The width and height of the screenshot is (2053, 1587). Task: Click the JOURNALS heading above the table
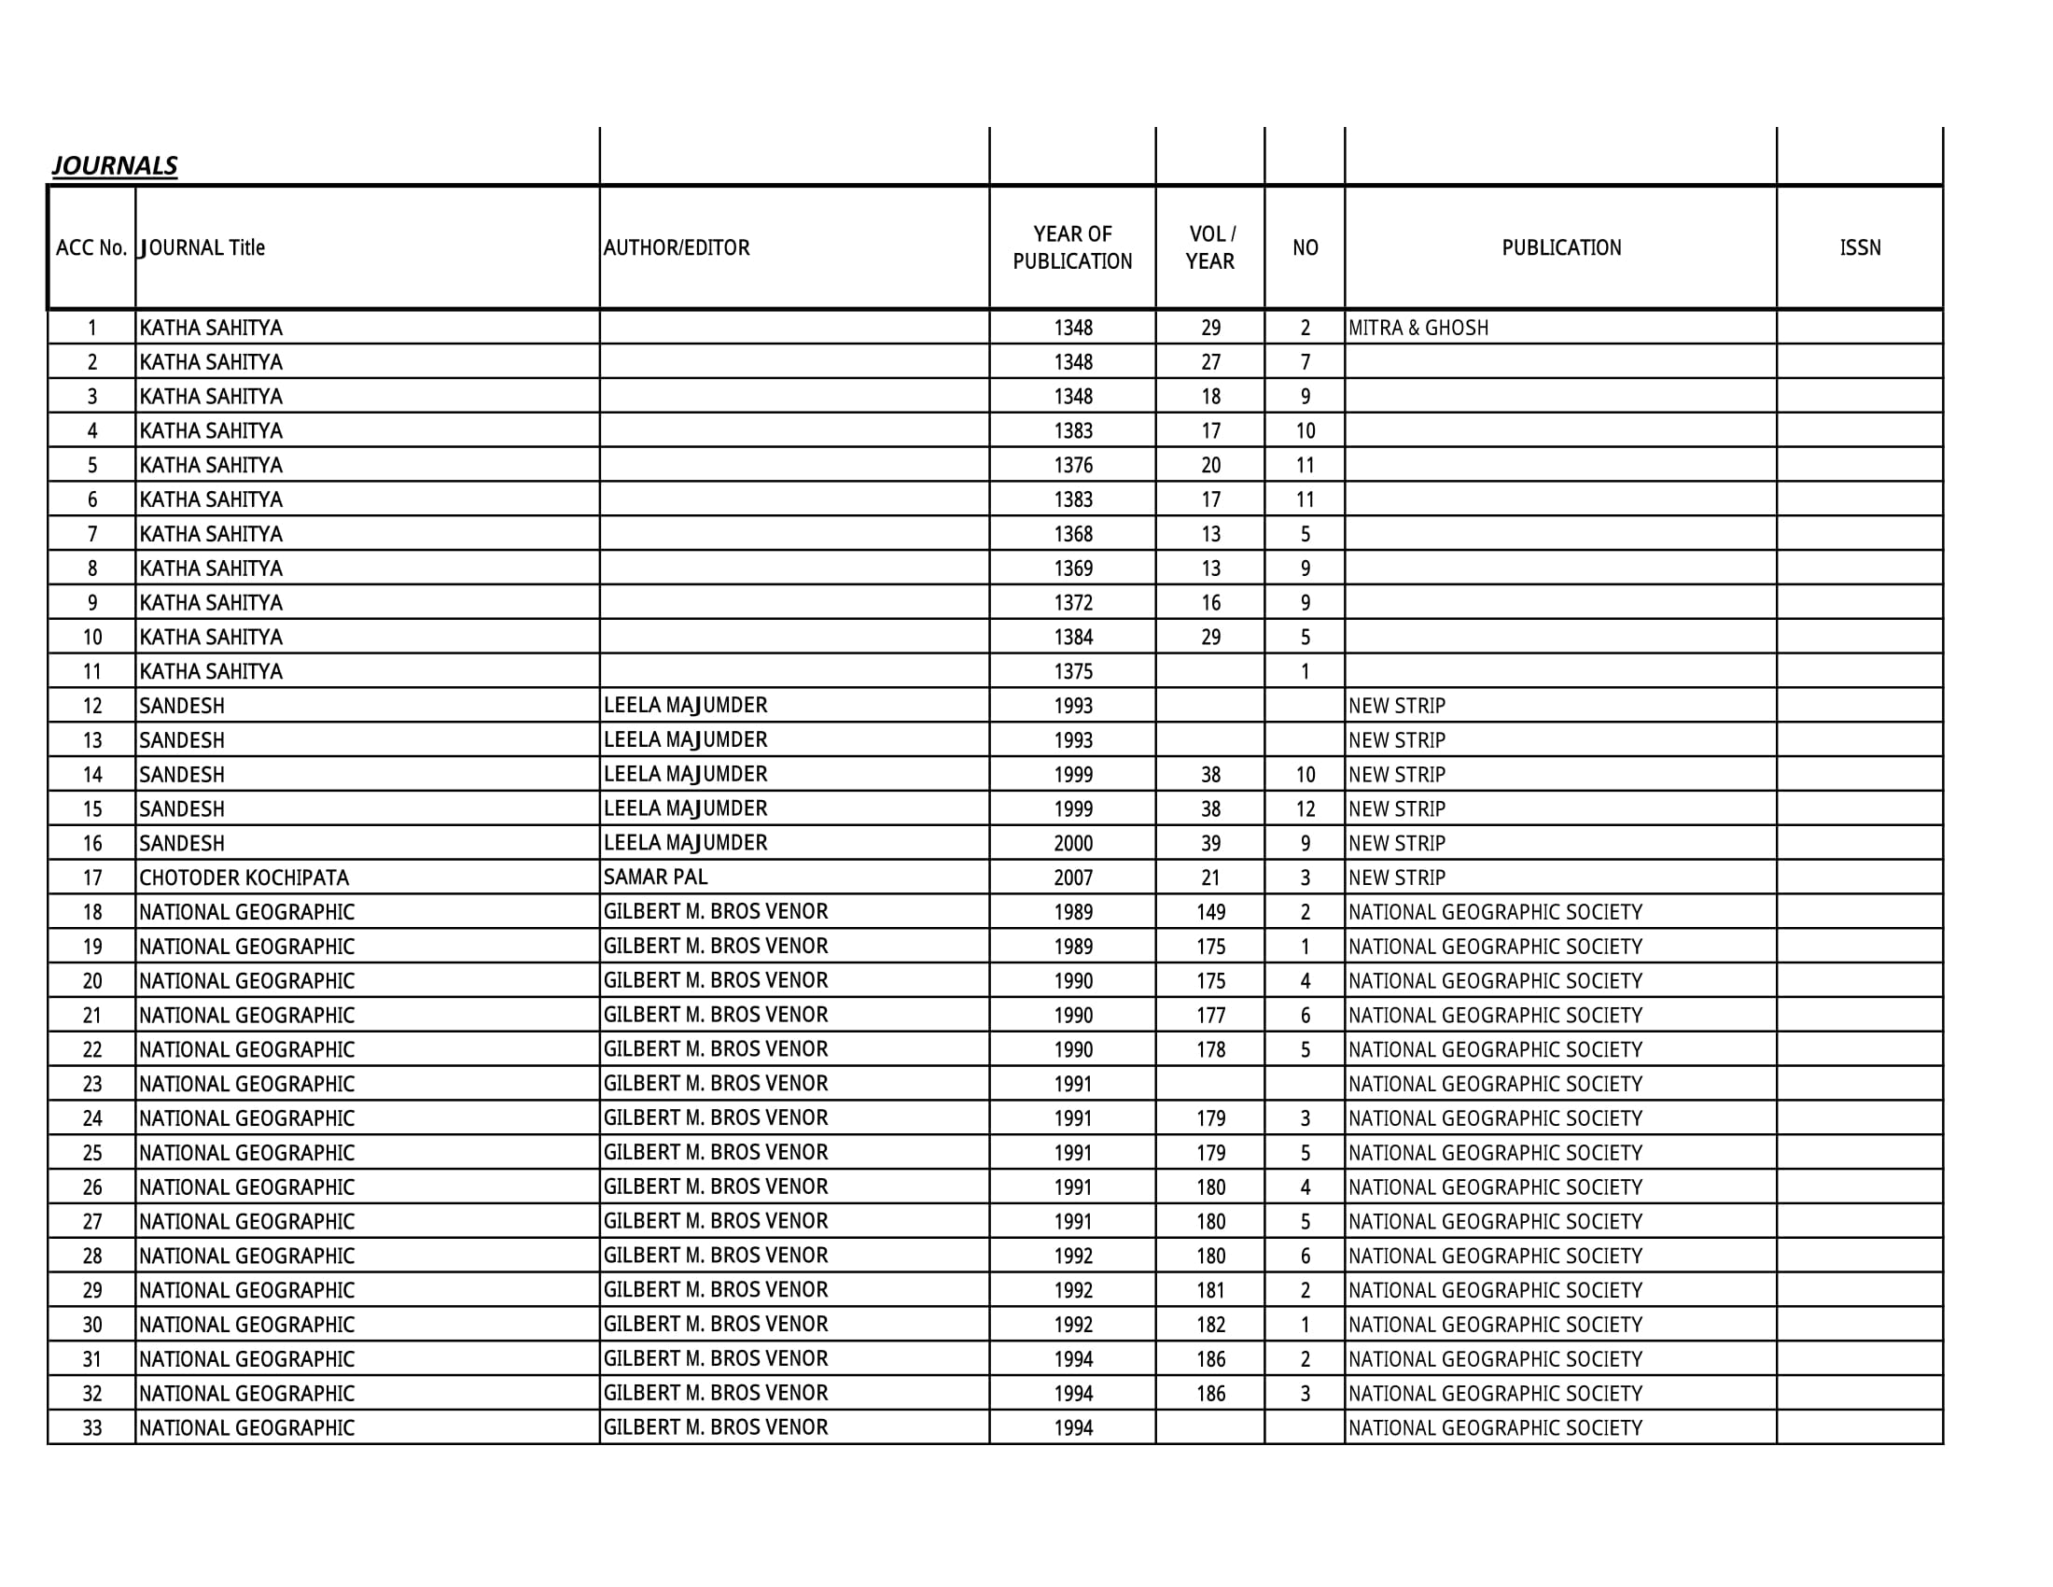point(115,165)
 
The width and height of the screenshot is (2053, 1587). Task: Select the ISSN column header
point(1859,248)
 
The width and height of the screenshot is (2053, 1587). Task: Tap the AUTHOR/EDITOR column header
point(677,248)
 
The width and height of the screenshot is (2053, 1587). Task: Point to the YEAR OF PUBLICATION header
point(1072,248)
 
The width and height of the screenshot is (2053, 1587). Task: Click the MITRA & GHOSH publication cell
point(1418,328)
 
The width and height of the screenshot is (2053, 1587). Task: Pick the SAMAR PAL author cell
point(655,878)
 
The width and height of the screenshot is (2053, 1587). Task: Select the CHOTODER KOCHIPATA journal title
point(244,878)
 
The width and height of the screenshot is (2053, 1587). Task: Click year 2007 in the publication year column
point(1072,878)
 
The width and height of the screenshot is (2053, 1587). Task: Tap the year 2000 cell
point(1072,843)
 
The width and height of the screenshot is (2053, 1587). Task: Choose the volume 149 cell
point(1210,912)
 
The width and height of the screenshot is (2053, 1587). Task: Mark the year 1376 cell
point(1072,466)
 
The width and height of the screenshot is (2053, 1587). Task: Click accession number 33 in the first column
point(92,1428)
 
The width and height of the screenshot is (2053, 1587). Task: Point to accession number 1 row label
point(92,328)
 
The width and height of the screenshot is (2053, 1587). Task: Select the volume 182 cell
point(1210,1325)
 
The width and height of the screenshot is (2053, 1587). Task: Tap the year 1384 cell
point(1072,638)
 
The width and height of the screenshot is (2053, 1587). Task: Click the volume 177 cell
point(1210,1016)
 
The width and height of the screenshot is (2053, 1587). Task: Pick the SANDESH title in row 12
point(182,706)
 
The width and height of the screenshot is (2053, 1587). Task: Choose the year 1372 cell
point(1072,603)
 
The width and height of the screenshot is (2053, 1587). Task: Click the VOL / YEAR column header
point(1210,248)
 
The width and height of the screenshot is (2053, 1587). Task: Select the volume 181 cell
point(1210,1290)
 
